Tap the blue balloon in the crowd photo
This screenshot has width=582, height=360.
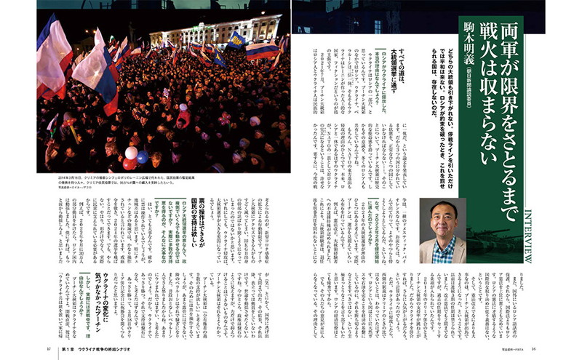pyautogui.click(x=143, y=157)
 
